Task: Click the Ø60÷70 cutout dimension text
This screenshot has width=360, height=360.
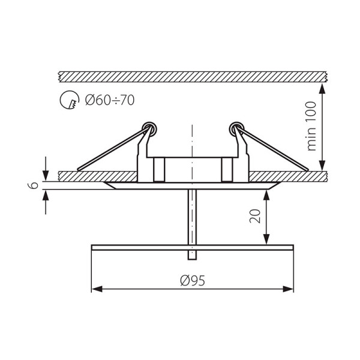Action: pyautogui.click(x=110, y=100)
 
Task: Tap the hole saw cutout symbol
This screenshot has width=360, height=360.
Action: pyautogui.click(x=70, y=100)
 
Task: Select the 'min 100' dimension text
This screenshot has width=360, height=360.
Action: pyautogui.click(x=311, y=126)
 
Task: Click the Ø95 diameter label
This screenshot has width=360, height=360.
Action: pyautogui.click(x=193, y=280)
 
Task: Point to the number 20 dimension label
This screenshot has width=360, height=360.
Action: pyautogui.click(x=255, y=216)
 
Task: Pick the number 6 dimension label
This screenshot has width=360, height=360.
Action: pyautogui.click(x=34, y=185)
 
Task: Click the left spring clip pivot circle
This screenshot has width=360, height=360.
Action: pyautogui.click(x=149, y=129)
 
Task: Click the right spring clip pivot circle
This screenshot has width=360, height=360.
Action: pyautogui.click(x=237, y=129)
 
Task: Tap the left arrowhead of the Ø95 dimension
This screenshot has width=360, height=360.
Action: pyautogui.click(x=97, y=289)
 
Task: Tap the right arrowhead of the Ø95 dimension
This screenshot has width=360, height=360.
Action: pyautogui.click(x=288, y=289)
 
